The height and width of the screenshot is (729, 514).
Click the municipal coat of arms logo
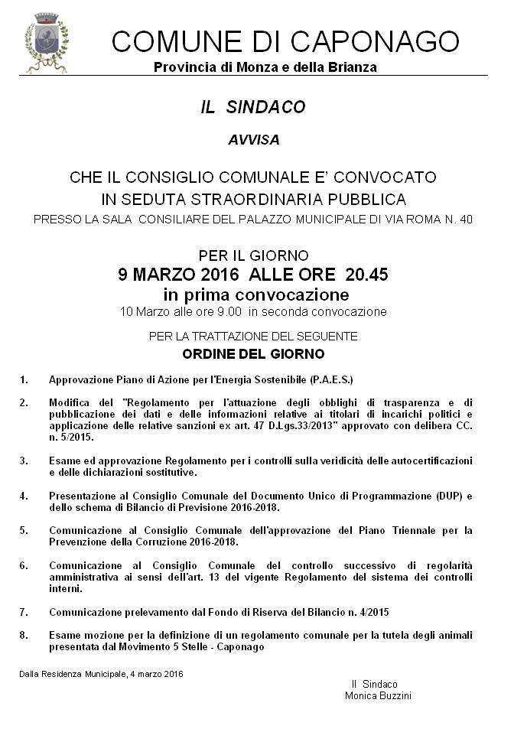tap(47, 43)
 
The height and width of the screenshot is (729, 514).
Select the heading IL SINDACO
tap(253, 108)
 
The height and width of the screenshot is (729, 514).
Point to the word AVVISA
tap(253, 141)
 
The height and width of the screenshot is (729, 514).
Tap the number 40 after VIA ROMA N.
tap(466, 220)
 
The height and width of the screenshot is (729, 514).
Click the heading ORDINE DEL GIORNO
tap(253, 354)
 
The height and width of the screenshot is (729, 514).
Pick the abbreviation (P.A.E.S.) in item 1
tap(324, 379)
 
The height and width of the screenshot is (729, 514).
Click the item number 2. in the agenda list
tap(24, 402)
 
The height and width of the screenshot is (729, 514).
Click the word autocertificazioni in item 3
tap(426, 461)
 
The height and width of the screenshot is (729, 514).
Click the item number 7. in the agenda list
tap(24, 612)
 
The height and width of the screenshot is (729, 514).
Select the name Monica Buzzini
tap(378, 696)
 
